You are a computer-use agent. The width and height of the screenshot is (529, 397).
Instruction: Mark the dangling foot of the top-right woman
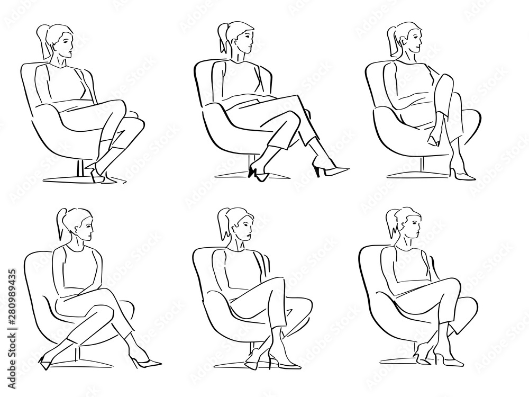click(x=432, y=139)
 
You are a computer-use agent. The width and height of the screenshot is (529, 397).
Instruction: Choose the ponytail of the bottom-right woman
click(x=393, y=224)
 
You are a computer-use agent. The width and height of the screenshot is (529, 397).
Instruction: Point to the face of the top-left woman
click(x=68, y=44)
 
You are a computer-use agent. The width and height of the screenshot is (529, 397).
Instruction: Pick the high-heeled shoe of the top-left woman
click(x=96, y=175)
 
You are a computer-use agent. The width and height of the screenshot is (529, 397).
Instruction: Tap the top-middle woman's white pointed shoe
click(x=331, y=170)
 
